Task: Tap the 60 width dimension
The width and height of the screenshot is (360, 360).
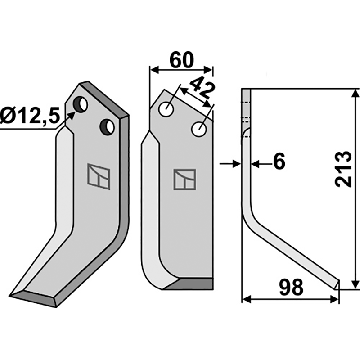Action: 182,61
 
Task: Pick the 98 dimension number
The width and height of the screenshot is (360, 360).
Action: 291,287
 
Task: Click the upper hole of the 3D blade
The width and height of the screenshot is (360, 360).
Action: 80,104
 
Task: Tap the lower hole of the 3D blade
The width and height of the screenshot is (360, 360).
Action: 107,127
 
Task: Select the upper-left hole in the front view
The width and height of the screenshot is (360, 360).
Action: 166,109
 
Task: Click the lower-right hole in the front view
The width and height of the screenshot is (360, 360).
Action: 199,129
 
